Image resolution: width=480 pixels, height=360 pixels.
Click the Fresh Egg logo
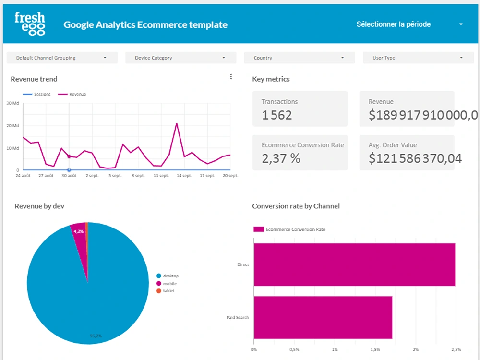pos(30,24)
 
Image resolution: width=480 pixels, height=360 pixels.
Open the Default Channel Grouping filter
pos(62,58)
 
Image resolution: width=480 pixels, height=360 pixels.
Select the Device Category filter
pos(180,58)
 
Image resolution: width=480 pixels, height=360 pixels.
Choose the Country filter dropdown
pos(300,58)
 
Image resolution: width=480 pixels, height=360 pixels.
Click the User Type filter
pos(418,58)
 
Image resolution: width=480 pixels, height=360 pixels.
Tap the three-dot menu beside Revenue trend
pos(231,77)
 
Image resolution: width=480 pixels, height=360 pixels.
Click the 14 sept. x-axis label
pos(184,176)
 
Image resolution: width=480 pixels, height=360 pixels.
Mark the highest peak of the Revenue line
pos(177,123)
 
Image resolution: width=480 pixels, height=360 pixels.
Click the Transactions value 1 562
pos(277,115)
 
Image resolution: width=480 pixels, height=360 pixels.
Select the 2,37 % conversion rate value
pos(281,158)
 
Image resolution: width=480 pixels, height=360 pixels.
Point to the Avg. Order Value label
pos(392,145)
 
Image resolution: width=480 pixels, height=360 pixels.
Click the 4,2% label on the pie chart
pos(78,231)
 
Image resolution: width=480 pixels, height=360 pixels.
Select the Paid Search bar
pos(323,317)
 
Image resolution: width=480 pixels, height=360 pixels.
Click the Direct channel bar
pos(354,264)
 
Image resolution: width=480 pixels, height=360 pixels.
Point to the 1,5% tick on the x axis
pos(375,349)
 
